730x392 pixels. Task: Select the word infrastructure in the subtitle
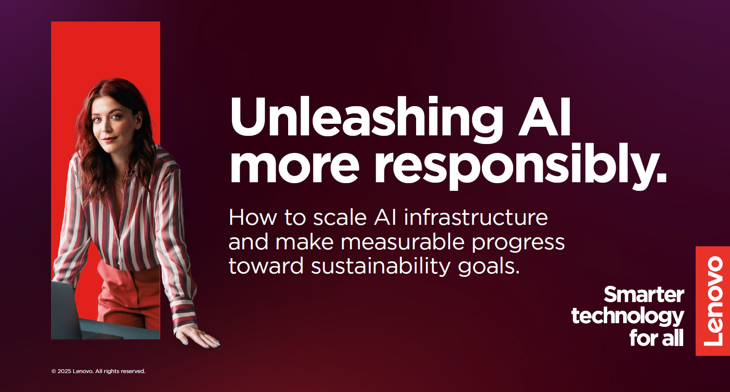(x=476, y=217)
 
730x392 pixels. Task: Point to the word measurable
(x=402, y=242)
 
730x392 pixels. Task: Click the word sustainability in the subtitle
(x=380, y=266)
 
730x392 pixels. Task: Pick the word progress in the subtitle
(x=518, y=243)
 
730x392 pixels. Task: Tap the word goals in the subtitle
(x=489, y=267)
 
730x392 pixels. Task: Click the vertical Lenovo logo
(x=713, y=301)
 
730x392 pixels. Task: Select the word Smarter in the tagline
(x=644, y=294)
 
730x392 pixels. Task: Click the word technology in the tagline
(x=628, y=317)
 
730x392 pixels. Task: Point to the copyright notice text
(x=98, y=371)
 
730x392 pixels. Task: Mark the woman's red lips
(x=110, y=140)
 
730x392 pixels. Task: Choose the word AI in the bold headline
(x=544, y=117)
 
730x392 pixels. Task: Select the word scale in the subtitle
(x=340, y=217)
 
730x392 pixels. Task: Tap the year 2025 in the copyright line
(x=64, y=371)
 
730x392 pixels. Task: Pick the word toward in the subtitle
(x=266, y=266)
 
